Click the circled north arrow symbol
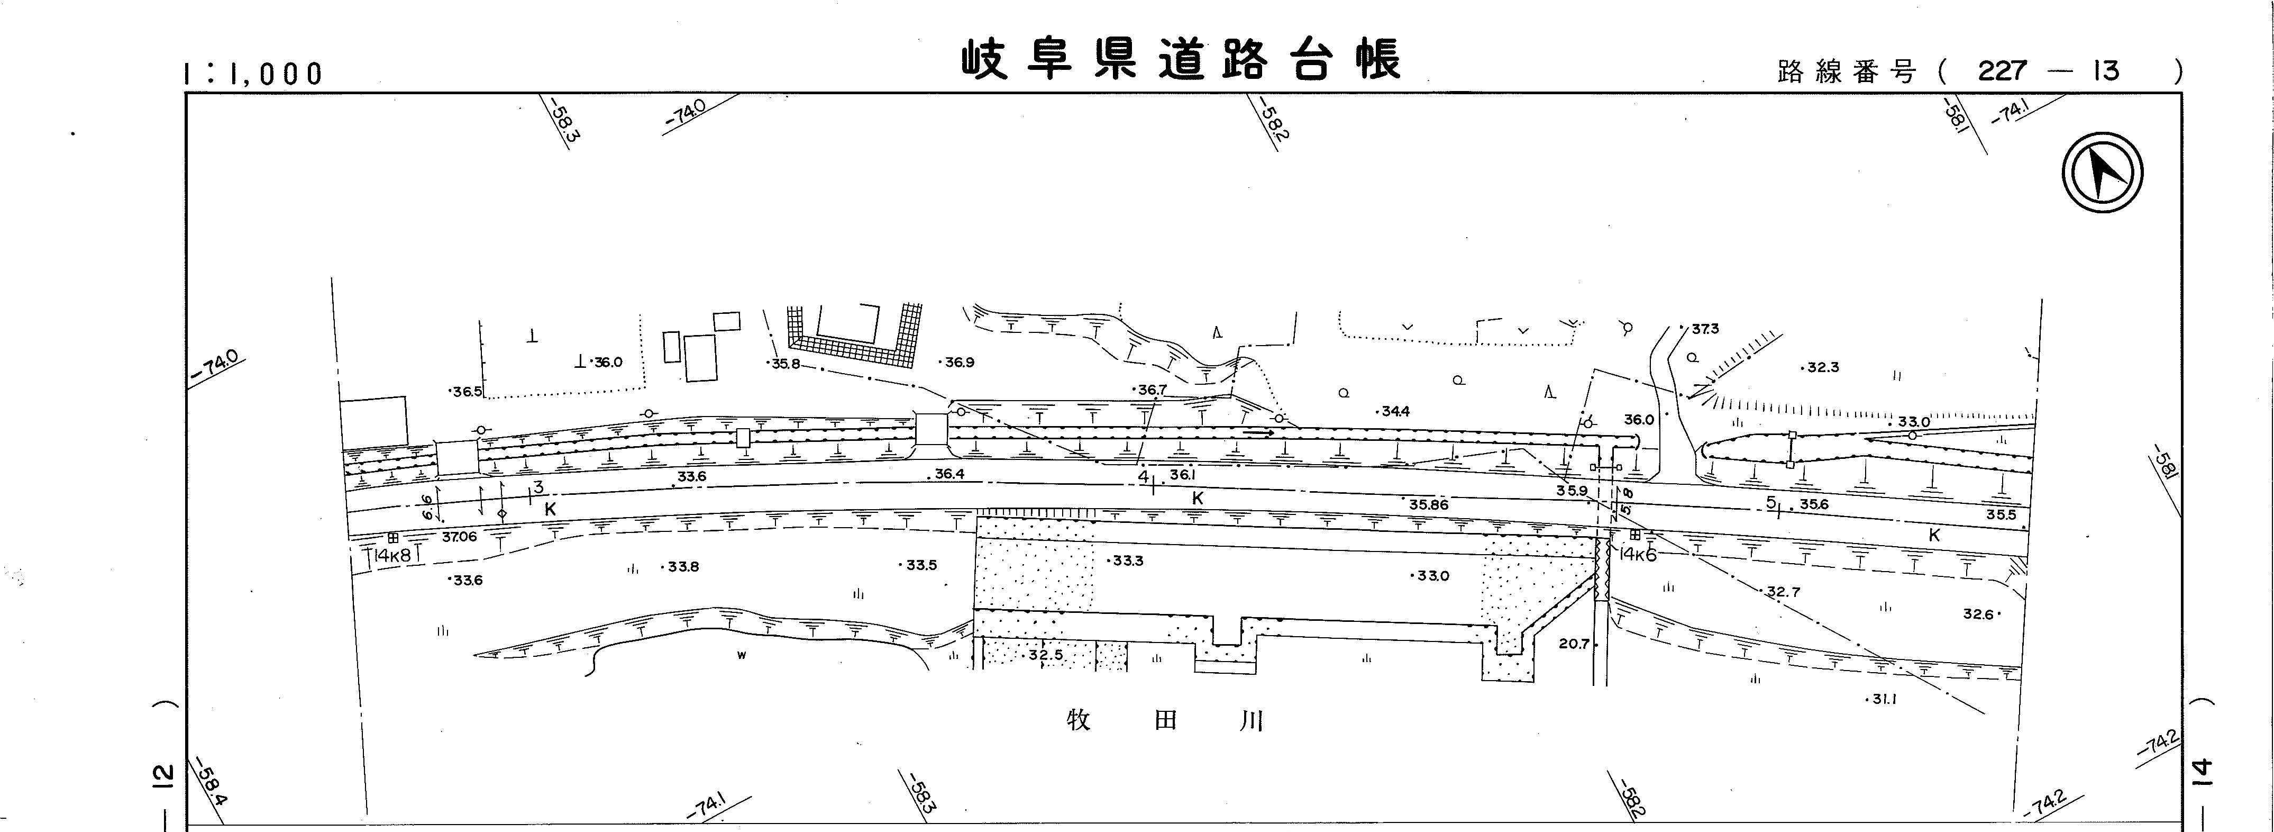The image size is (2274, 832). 2103,171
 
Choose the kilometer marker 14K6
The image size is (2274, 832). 1638,555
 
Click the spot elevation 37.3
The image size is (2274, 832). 1705,329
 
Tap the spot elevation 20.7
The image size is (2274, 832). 1574,644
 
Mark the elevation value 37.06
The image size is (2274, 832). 459,536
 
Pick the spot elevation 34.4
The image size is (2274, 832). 1395,411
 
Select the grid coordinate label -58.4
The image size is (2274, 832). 212,783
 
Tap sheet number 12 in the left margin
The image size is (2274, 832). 161,775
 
